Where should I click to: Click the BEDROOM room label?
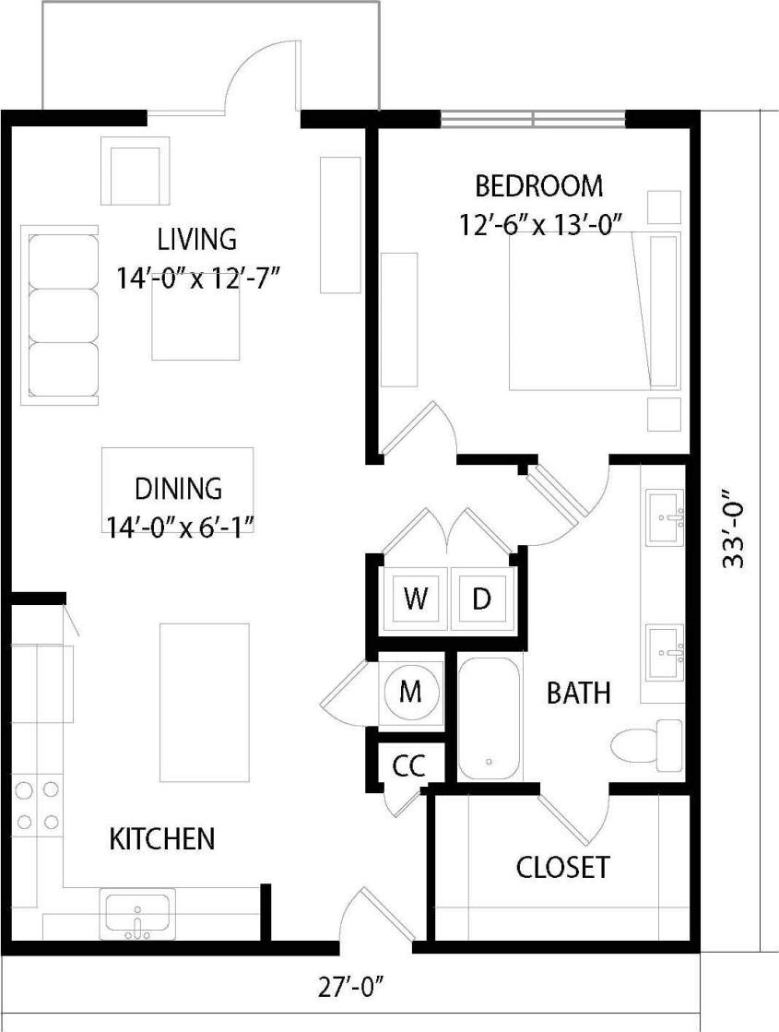point(539,186)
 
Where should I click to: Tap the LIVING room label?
point(196,239)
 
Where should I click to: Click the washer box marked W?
point(416,599)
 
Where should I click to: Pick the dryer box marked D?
point(481,599)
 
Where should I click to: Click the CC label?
point(408,765)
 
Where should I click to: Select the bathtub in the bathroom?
point(489,718)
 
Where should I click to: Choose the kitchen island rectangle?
point(205,702)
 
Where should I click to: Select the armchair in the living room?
point(136,172)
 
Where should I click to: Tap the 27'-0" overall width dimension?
point(350,988)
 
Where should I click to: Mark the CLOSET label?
point(562,867)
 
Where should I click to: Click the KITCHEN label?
point(162,838)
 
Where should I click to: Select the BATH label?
point(578,693)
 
